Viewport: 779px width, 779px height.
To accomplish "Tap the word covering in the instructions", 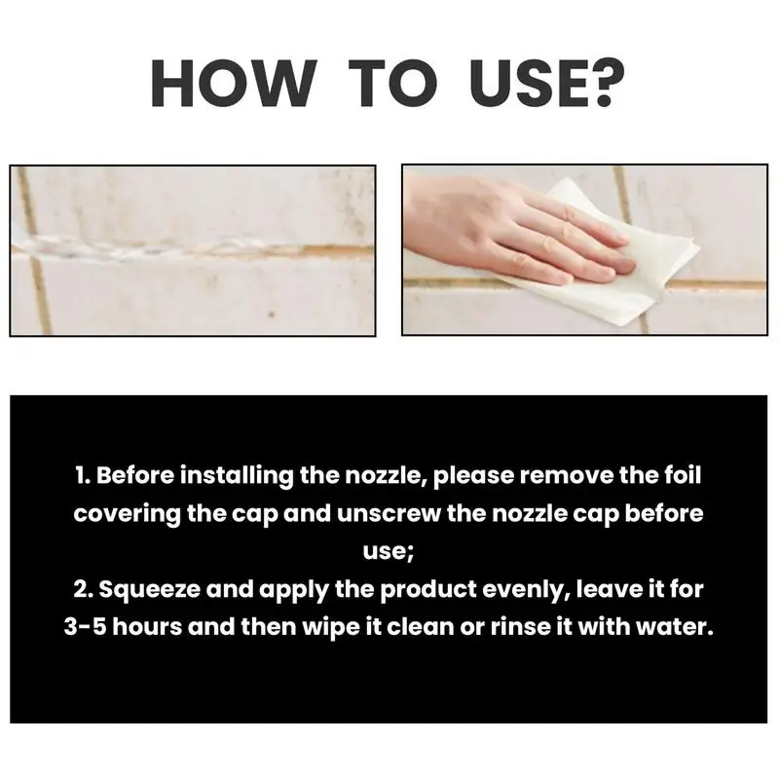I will point(125,514).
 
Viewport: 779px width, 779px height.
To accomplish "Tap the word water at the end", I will point(679,625).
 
